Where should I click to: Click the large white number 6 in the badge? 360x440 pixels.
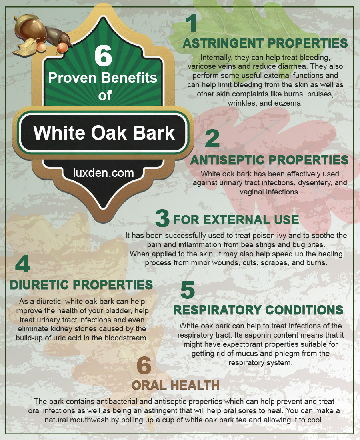pyautogui.click(x=103, y=56)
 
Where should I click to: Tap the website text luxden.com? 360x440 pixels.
pyautogui.click(x=103, y=173)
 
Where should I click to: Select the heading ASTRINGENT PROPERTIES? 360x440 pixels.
pyautogui.click(x=265, y=44)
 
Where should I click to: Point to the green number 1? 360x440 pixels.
pyautogui.click(x=192, y=23)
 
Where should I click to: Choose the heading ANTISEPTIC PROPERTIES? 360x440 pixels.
pyautogui.click(x=269, y=160)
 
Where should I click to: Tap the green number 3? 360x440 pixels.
pyautogui.click(x=162, y=218)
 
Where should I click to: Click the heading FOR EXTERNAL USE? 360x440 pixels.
pyautogui.click(x=236, y=220)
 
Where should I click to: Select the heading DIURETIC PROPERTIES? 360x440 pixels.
pyautogui.click(x=81, y=285)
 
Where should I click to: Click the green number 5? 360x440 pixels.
pyautogui.click(x=188, y=290)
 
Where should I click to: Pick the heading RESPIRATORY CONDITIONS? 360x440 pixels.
pyautogui.click(x=258, y=310)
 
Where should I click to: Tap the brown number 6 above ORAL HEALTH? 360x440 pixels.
pyautogui.click(x=144, y=365)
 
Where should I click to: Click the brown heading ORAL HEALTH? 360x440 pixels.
pyautogui.click(x=176, y=385)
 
